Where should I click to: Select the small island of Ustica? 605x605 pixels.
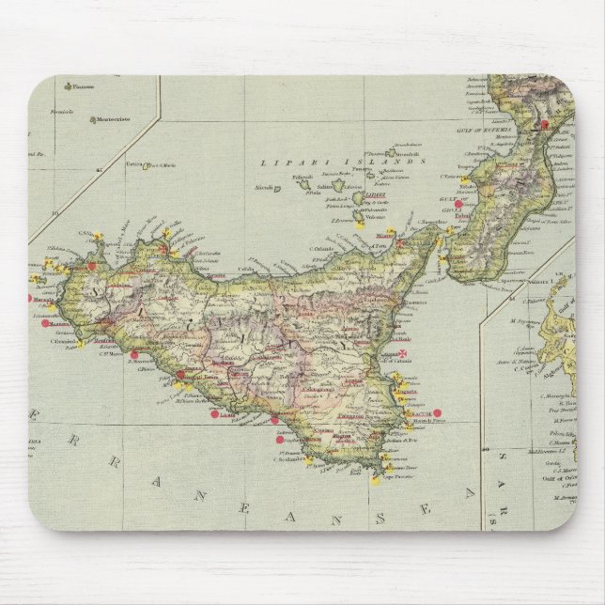[x=146, y=166]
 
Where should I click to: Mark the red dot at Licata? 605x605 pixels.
[x=215, y=414]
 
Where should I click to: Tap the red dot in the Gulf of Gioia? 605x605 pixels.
[x=458, y=203]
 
